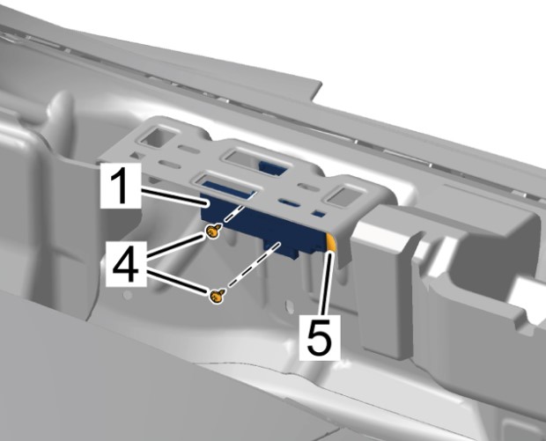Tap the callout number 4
click(126, 263)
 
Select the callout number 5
click(319, 337)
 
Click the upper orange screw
click(213, 232)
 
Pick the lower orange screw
click(218, 296)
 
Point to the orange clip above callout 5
click(331, 242)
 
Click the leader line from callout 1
click(174, 196)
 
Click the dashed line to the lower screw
click(254, 266)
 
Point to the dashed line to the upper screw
click(234, 213)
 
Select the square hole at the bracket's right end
click(343, 196)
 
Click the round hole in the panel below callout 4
click(128, 295)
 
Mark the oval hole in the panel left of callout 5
click(289, 305)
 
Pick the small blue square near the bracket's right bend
click(319, 214)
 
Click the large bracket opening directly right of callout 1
click(227, 186)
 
